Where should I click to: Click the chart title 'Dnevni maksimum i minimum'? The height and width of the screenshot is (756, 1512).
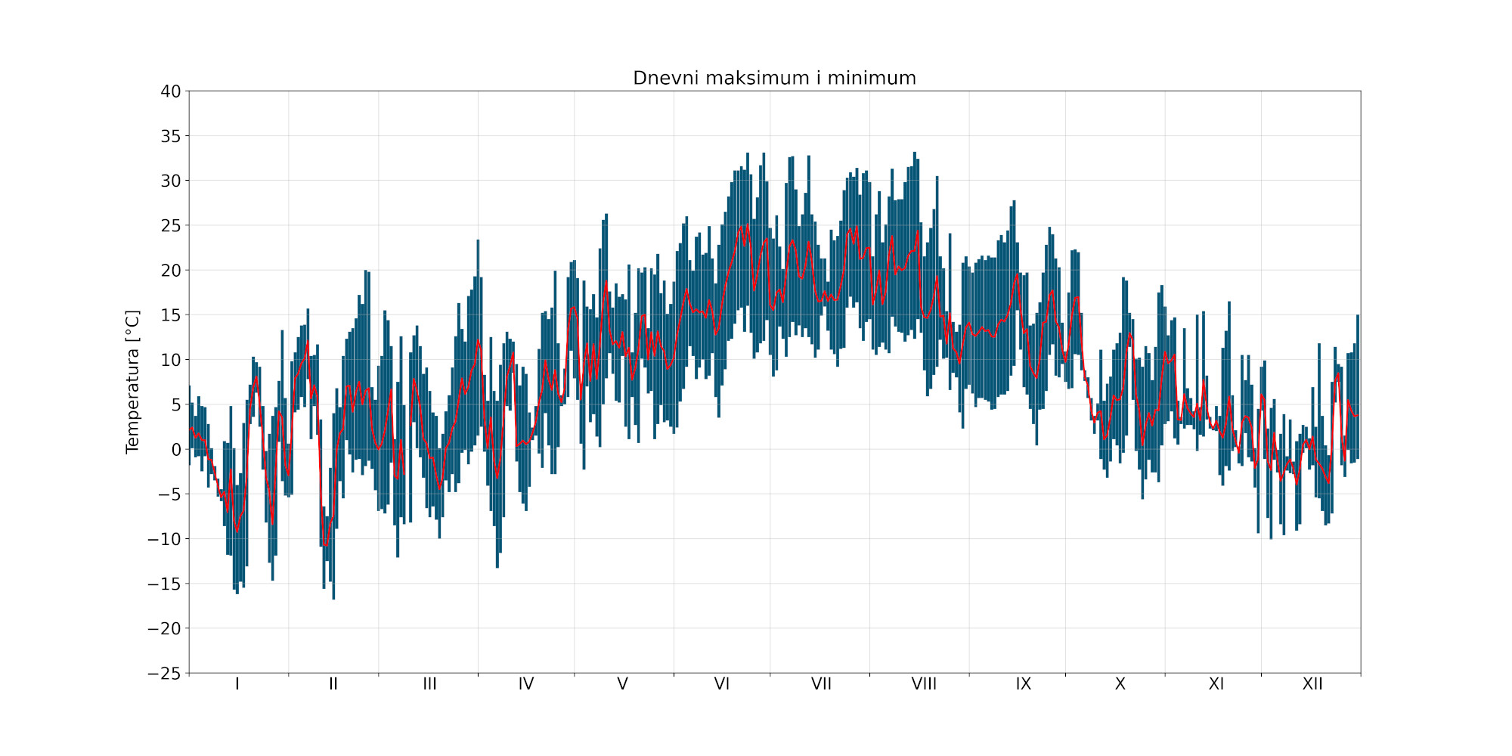774,78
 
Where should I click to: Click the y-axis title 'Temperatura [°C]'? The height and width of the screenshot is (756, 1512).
133,382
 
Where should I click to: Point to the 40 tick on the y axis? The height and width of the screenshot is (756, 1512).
171,91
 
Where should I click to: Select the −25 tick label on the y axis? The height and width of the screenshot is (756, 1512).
165,673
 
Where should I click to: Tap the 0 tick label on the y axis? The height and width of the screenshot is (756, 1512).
176,450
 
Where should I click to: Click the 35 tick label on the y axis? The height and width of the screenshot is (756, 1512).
171,136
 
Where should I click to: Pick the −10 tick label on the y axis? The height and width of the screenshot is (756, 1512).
165,539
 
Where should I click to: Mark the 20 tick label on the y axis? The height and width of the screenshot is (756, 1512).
171,271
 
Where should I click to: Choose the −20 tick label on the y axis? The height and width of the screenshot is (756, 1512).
165,628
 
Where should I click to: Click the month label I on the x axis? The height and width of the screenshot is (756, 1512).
237,684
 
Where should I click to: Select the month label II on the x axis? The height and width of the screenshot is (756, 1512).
333,684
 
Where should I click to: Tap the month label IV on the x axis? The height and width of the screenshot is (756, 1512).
526,684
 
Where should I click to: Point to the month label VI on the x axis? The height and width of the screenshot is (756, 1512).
722,684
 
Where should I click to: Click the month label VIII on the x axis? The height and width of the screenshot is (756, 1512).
924,684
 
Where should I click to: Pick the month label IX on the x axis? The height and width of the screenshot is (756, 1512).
1024,684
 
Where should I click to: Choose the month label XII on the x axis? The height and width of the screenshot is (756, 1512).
1312,684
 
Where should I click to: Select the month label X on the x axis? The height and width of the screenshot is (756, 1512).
1120,684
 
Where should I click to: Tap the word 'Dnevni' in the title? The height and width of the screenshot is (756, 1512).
662,78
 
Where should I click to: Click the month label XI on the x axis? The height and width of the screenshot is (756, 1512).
1216,684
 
